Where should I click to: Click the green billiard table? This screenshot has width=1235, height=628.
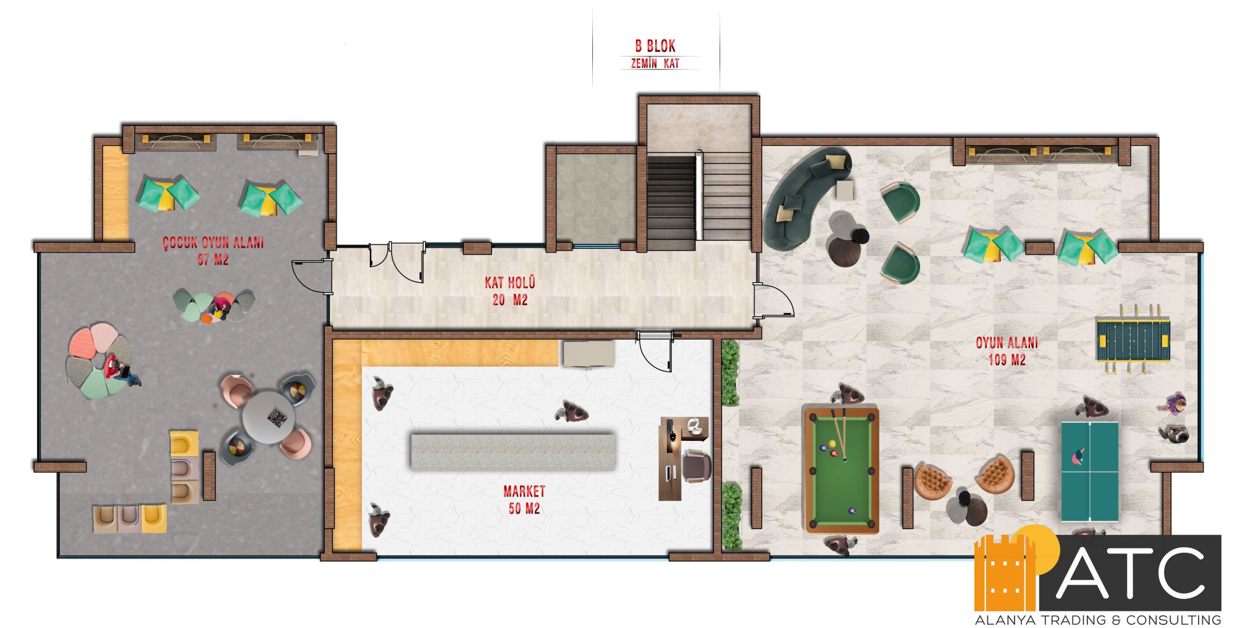[x=842, y=470]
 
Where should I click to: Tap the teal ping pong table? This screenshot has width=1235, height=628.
[x=1090, y=472]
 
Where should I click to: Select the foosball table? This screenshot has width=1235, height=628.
[x=1133, y=339]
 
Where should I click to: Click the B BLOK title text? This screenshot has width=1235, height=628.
[x=655, y=46]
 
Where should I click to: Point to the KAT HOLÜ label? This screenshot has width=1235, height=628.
[x=510, y=283]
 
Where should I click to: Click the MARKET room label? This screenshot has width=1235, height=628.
[x=524, y=492]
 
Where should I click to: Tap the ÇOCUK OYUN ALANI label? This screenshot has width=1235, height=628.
[x=213, y=243]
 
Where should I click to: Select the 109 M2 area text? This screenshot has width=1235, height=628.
[x=1007, y=359]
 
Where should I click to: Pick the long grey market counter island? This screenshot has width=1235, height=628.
[x=513, y=451]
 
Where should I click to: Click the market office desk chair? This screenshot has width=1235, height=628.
[x=697, y=466]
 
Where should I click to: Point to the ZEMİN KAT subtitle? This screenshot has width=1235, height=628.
[x=655, y=63]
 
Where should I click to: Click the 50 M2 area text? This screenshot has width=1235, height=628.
[x=524, y=509]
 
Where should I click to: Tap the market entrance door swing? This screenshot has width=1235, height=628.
[x=655, y=353]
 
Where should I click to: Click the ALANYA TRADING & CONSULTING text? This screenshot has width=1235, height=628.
[x=1098, y=619]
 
